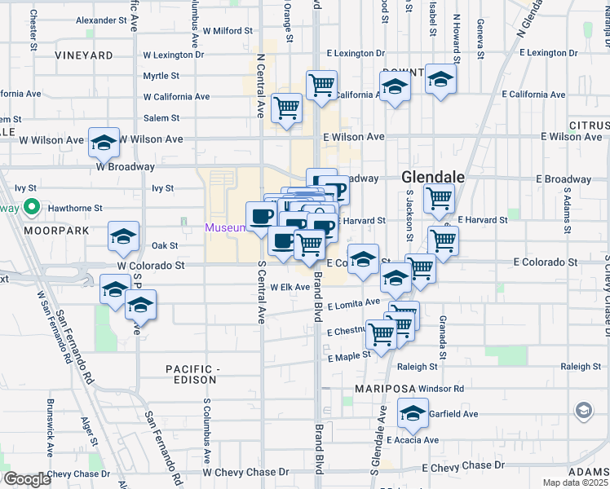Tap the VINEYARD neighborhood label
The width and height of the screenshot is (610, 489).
(x=84, y=55)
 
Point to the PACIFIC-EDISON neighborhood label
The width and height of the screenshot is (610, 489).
(x=193, y=375)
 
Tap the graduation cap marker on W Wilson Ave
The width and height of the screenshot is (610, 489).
(x=104, y=143)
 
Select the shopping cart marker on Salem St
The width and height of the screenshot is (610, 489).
(x=286, y=108)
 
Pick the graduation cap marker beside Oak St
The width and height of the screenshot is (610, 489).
(x=123, y=237)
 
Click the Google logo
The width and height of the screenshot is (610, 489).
(x=26, y=479)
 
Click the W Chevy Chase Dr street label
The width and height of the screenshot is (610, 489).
(x=245, y=472)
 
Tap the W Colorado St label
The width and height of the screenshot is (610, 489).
(x=151, y=265)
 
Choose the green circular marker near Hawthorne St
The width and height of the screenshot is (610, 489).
(x=32, y=207)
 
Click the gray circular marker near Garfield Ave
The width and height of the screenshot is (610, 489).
(x=583, y=410)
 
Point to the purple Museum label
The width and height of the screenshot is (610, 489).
(x=225, y=227)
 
